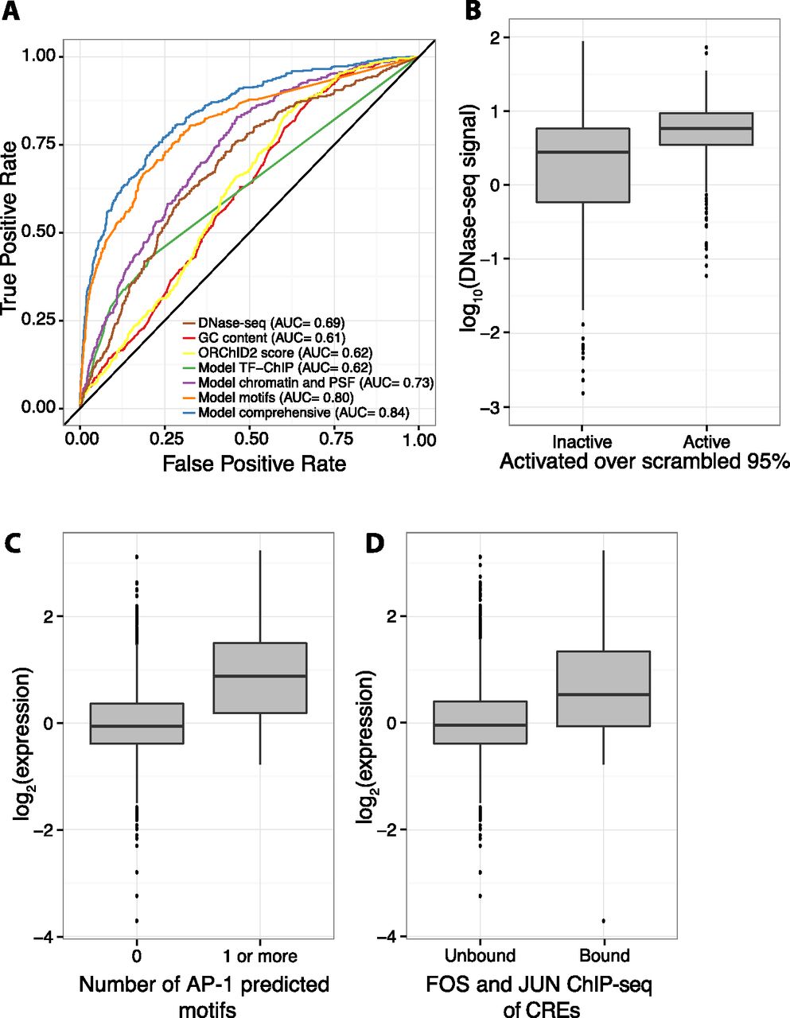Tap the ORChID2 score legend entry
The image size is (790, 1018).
point(275,352)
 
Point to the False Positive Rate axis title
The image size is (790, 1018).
point(254,463)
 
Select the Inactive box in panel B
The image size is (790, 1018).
point(582,165)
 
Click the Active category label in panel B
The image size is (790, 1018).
point(706,442)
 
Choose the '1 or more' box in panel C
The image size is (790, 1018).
point(261,678)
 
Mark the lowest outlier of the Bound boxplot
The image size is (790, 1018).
point(604,921)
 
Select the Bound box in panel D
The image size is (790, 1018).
point(604,689)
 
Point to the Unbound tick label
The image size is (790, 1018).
point(480,955)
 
